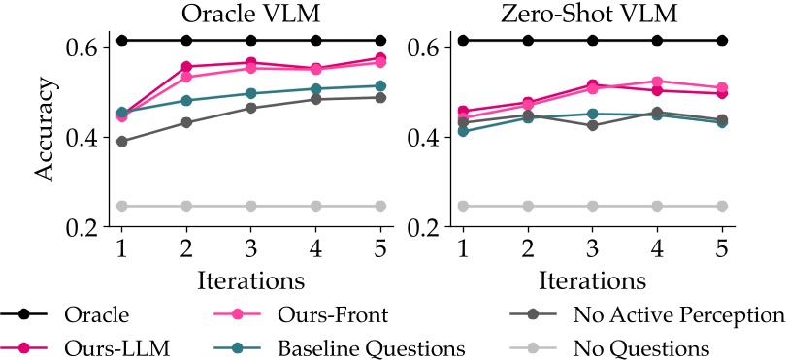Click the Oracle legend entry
(96, 314)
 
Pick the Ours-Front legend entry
(333, 314)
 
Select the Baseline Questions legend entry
(372, 346)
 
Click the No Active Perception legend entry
(677, 314)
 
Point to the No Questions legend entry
(641, 346)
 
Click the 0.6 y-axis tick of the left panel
(82, 47)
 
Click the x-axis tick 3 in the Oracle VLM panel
(250, 246)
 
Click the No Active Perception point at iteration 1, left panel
(121, 141)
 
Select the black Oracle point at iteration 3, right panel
(593, 40)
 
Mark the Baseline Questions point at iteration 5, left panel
(380, 85)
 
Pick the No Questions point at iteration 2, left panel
(186, 206)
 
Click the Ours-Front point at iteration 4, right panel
(657, 82)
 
